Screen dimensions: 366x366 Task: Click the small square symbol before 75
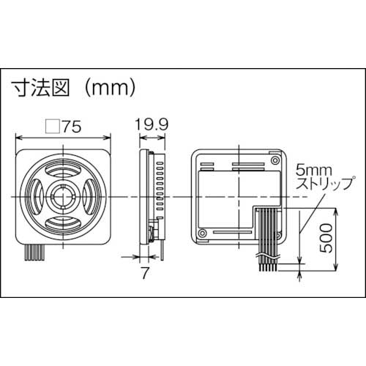point(51,127)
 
